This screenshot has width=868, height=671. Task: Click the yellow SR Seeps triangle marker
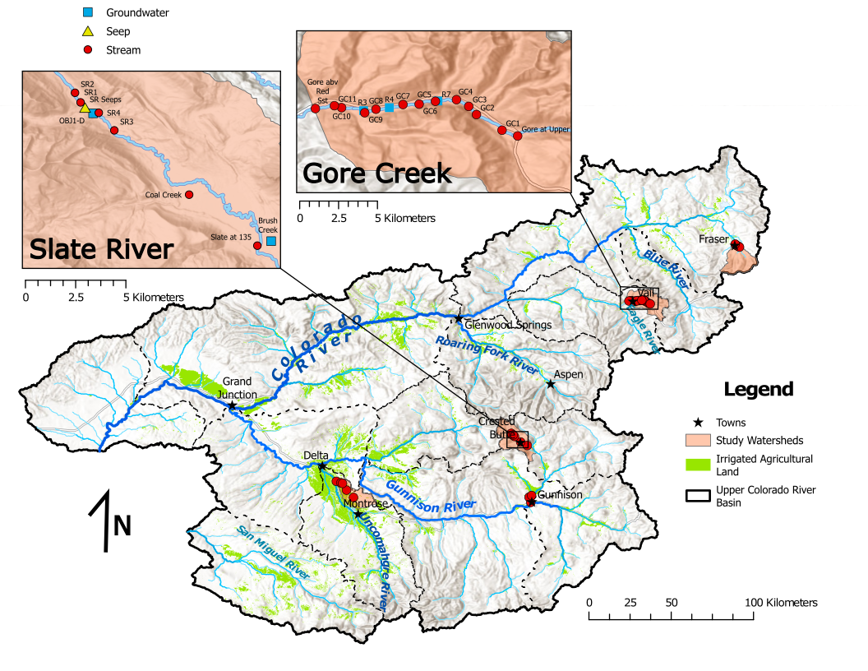(84, 107)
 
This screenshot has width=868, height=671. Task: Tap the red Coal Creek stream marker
(189, 195)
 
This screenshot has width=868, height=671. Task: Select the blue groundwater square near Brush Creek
(271, 241)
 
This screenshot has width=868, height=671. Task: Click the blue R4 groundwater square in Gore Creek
(390, 108)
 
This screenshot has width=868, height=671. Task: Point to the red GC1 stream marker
(501, 130)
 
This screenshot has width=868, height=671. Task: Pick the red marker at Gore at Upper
(518, 137)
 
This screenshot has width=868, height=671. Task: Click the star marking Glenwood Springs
(459, 318)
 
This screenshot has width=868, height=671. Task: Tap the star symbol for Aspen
(552, 383)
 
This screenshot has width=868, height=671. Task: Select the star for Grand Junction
(232, 406)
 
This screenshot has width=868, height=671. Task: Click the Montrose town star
(358, 514)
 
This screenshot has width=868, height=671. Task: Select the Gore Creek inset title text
(377, 174)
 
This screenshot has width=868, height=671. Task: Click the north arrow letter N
(122, 525)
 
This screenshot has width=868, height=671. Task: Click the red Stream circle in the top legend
(89, 50)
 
